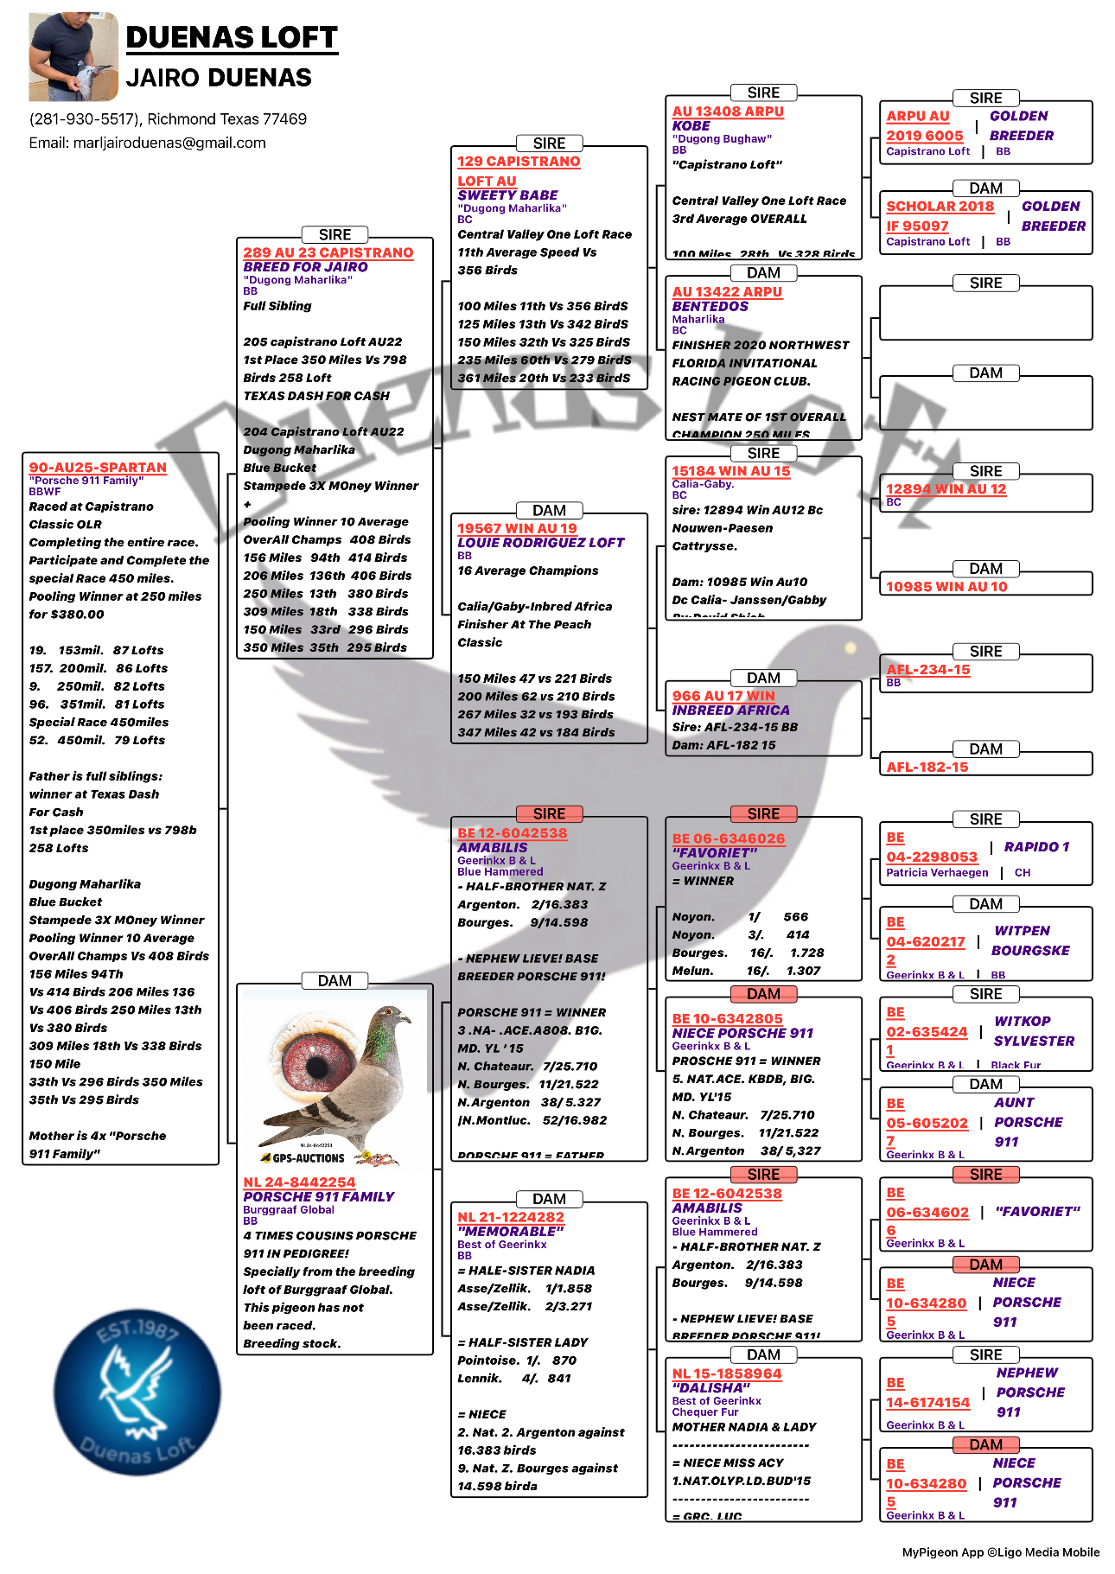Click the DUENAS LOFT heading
coord(232,37)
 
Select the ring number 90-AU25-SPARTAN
coord(98,467)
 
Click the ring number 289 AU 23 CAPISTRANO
coord(328,252)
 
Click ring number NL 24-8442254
coord(299,1182)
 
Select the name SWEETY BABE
coord(507,195)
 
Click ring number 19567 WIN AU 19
coord(517,528)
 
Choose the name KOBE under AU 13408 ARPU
coord(691,125)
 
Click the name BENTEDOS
coord(710,306)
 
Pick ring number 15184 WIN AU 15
coord(731,471)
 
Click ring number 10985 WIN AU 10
coord(946,586)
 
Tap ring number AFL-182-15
coord(927,767)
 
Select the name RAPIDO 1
coord(1036,847)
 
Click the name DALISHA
coord(711,1387)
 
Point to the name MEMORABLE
coord(511,1231)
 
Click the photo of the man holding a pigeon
coord(73,57)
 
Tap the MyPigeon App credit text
coord(1000,1552)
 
